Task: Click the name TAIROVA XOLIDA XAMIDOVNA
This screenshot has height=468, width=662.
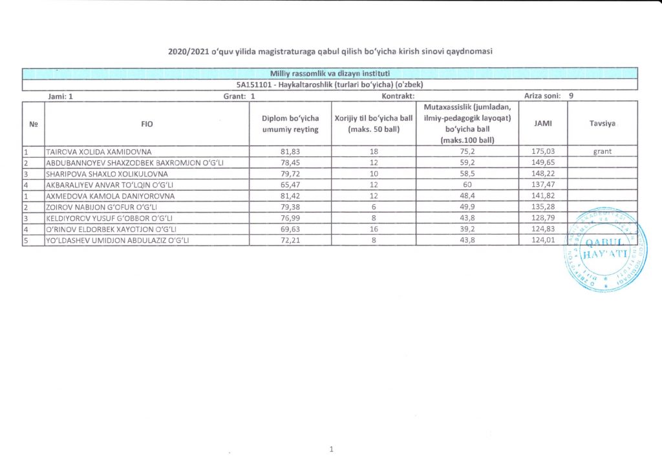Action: coord(97,152)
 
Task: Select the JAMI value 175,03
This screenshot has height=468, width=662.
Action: coord(542,152)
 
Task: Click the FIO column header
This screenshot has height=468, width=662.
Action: coord(147,123)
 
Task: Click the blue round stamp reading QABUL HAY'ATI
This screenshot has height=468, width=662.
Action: coord(605,250)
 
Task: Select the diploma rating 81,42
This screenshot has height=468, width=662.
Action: coord(290,196)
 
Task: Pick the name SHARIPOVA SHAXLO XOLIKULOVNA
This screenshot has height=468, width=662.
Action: coord(107,174)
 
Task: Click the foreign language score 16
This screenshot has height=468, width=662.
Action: coord(374,229)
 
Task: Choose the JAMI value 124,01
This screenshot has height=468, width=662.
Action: coord(542,240)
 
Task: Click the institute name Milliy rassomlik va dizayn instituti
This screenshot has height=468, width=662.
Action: coord(330,73)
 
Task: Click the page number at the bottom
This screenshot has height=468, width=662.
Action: coord(330,448)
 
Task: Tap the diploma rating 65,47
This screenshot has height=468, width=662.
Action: coord(290,185)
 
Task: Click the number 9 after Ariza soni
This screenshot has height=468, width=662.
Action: coord(570,95)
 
